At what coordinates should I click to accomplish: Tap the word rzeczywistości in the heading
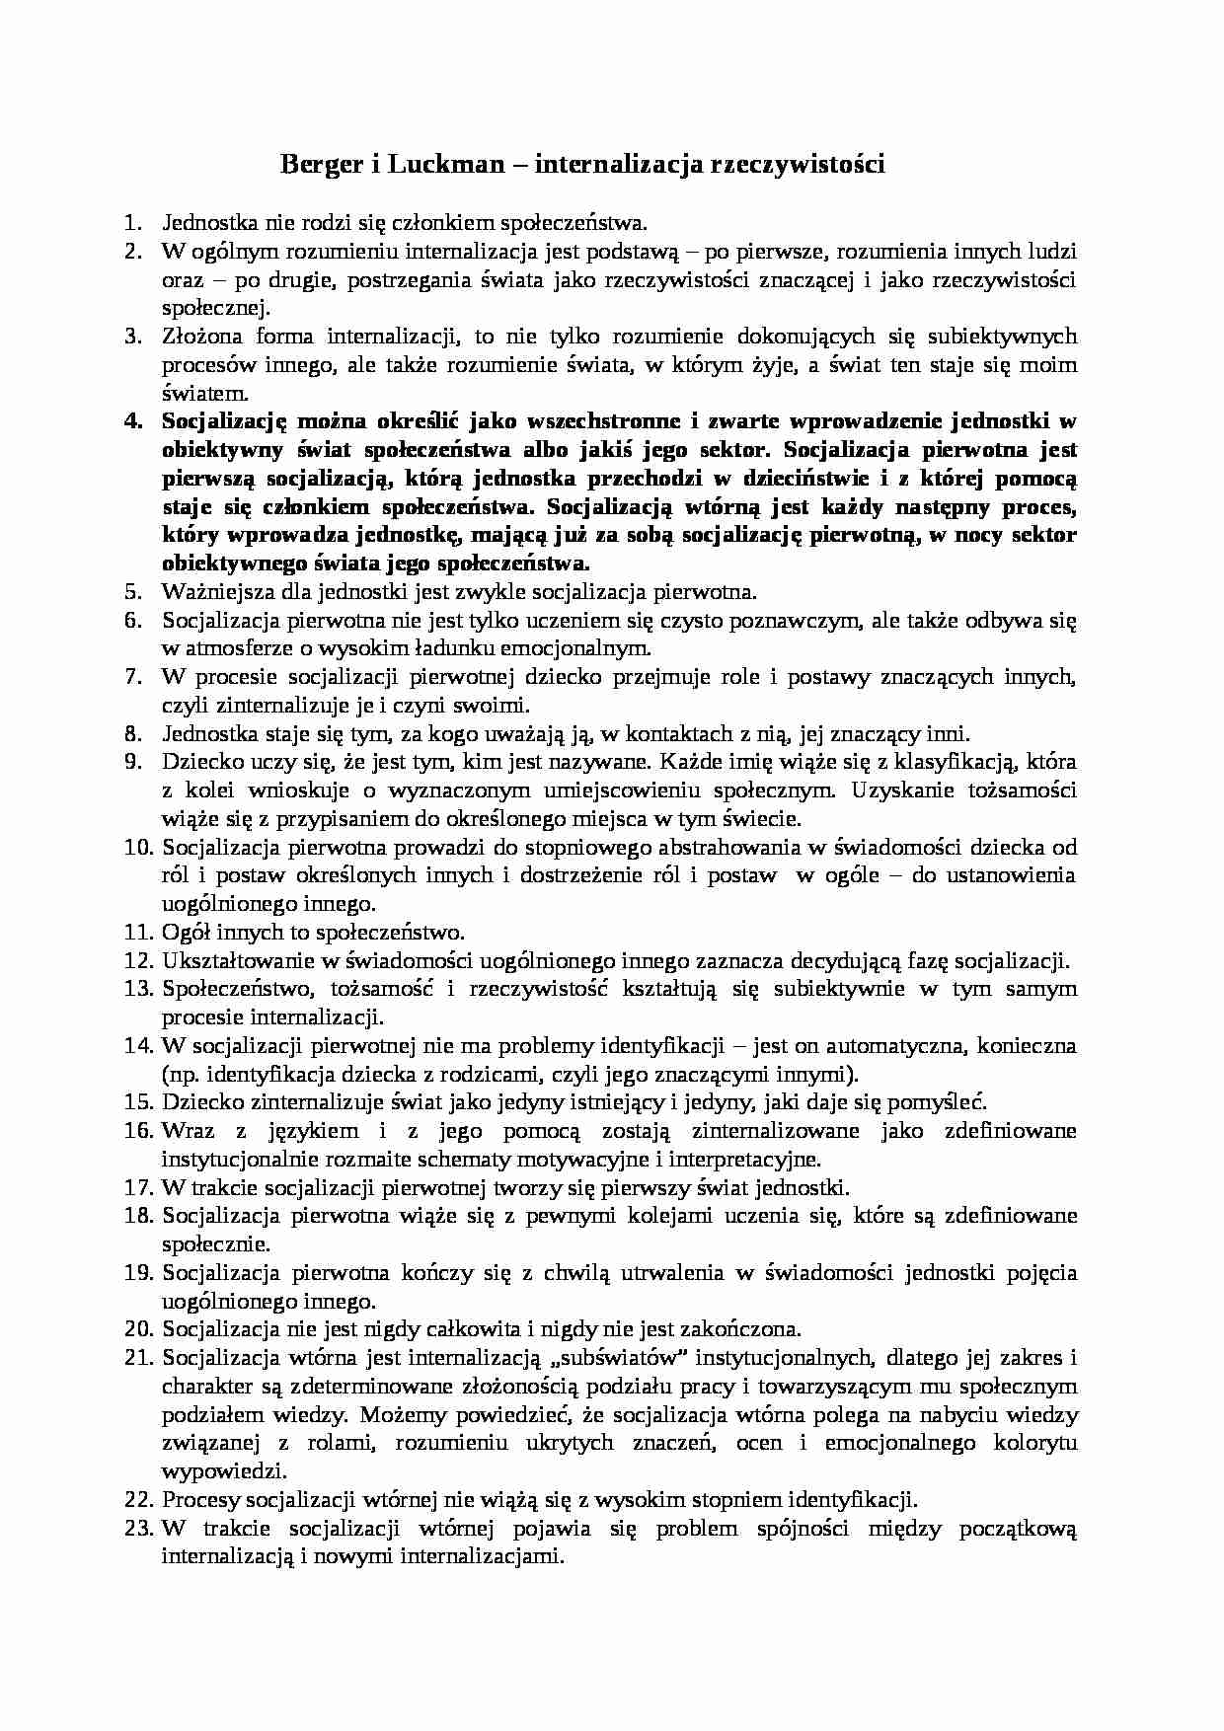[797, 164]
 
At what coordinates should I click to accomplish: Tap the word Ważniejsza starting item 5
[210, 592]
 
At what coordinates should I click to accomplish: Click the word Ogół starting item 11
[184, 932]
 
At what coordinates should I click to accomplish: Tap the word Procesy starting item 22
[197, 1500]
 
